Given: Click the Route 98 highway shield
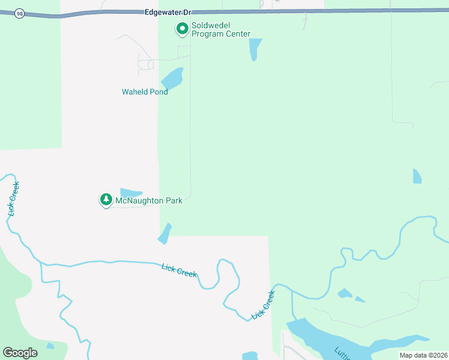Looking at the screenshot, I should pyautogui.click(x=20, y=13).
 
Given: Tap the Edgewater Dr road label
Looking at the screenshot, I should pyautogui.click(x=168, y=11).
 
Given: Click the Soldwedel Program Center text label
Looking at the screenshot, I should pyautogui.click(x=220, y=30).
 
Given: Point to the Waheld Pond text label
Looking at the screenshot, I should pyautogui.click(x=145, y=92).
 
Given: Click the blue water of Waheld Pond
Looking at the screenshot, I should pyautogui.click(x=172, y=79).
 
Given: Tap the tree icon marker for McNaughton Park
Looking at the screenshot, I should pyautogui.click(x=106, y=199).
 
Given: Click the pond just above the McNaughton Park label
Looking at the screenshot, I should pyautogui.click(x=130, y=193).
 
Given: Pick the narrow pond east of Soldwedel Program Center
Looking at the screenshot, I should pyautogui.click(x=255, y=49).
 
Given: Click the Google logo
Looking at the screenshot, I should pyautogui.click(x=20, y=353).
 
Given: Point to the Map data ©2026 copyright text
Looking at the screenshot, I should pyautogui.click(x=423, y=355).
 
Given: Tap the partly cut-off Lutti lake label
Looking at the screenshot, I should pyautogui.click(x=342, y=353).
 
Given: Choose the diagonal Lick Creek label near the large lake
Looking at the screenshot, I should pyautogui.click(x=263, y=304).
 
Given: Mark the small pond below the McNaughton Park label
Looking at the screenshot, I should pyautogui.click(x=164, y=234).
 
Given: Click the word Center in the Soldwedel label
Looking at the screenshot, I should pyautogui.click(x=237, y=34).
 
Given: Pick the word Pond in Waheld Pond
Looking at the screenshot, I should pyautogui.click(x=158, y=92).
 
